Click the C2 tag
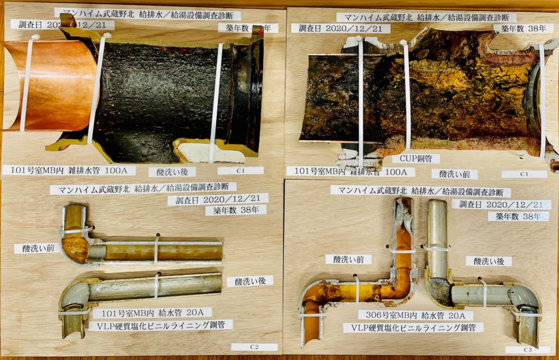pos(254,347)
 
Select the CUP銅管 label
pos(415,159)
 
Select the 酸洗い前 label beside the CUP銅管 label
pos(454,174)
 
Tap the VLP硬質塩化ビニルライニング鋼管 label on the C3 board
pos(413,328)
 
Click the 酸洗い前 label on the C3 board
pos(348,259)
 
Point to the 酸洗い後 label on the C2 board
pos(249,281)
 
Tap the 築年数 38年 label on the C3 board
pos(518,216)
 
